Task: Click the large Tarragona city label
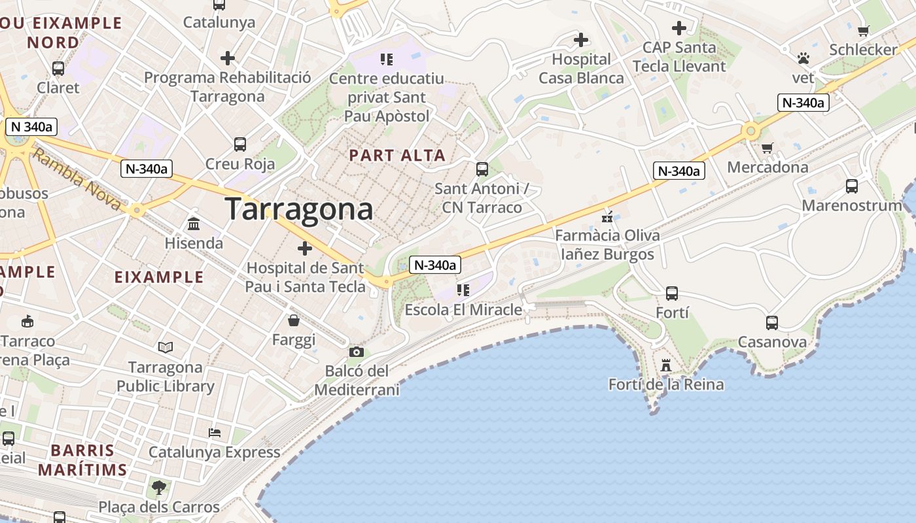[x=299, y=209]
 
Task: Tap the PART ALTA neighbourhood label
[x=397, y=156]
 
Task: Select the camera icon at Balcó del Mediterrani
[x=357, y=352]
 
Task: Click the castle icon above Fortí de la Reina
[x=666, y=365]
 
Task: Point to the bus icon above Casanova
[x=772, y=322]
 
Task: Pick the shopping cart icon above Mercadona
[x=767, y=148]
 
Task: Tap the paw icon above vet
[x=803, y=59]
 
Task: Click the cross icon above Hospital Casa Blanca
[x=580, y=41]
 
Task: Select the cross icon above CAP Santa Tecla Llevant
[x=679, y=28]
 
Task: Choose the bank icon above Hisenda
[x=194, y=224]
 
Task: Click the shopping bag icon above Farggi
[x=294, y=320]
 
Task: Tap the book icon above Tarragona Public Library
[x=166, y=348]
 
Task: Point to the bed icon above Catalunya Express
[x=214, y=433]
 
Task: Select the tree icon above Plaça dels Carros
[x=158, y=487]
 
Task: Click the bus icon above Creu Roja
[x=240, y=144]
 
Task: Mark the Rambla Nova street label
[x=77, y=179]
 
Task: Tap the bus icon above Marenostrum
[x=851, y=186]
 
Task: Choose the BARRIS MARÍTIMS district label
[x=82, y=460]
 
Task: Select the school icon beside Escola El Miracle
[x=463, y=290]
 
